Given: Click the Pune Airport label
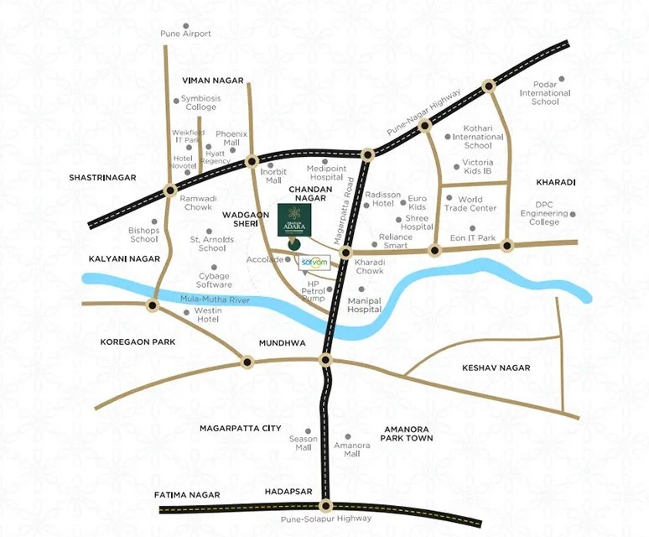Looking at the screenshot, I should point(185,34).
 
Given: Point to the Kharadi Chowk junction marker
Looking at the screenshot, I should point(345,253).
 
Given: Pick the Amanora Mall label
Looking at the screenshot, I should point(352,449).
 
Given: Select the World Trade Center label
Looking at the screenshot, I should point(476,204).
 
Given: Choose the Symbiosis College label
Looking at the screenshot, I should point(200,103).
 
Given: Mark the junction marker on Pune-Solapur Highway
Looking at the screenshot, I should point(325,506).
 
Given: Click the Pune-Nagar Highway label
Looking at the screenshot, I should point(425,112).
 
